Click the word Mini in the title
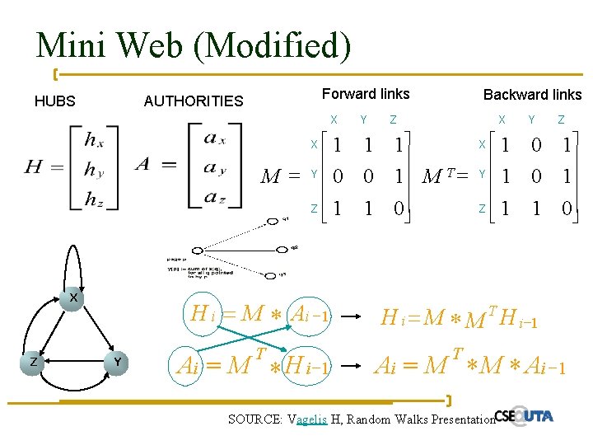(x=68, y=44)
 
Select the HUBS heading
(x=54, y=101)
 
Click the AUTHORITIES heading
(x=194, y=101)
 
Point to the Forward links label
(x=365, y=94)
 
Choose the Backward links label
(x=532, y=95)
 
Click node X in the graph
(x=73, y=297)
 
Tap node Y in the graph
(x=119, y=363)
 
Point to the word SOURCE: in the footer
(x=254, y=419)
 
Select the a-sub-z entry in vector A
(x=214, y=197)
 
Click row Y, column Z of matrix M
(x=398, y=176)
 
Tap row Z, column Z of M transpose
(x=566, y=209)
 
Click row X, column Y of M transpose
(x=535, y=145)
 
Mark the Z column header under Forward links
(x=393, y=120)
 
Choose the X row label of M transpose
(x=482, y=145)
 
